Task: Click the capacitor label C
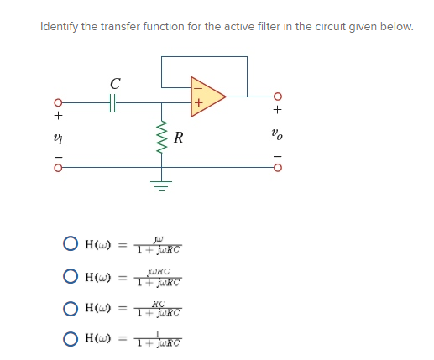click(x=114, y=83)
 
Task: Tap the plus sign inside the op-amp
click(x=200, y=104)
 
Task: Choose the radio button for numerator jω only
click(x=69, y=245)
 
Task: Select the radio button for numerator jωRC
click(x=69, y=276)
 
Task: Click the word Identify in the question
click(x=60, y=27)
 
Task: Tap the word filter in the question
click(x=248, y=27)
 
